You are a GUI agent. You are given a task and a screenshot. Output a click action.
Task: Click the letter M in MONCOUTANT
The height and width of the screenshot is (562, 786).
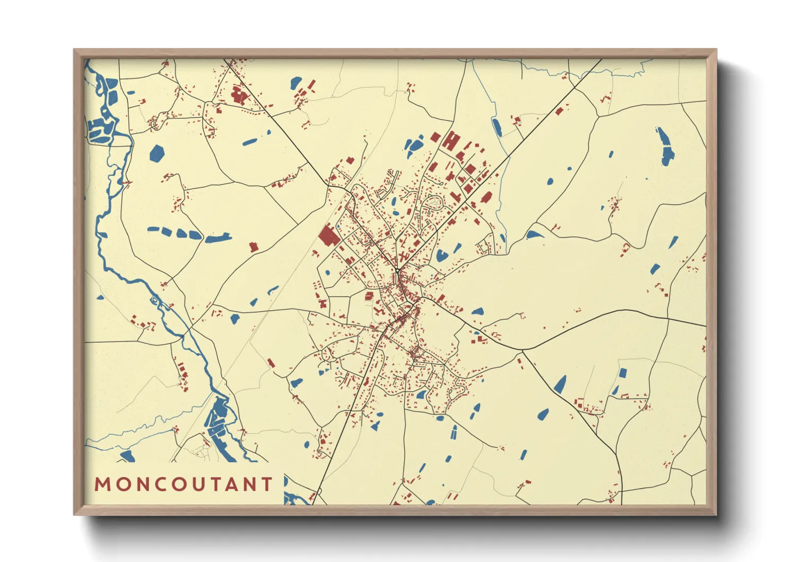pyautogui.click(x=102, y=484)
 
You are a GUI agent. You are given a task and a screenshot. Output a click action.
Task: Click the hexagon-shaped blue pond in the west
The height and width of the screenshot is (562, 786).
pyautogui.click(x=157, y=153)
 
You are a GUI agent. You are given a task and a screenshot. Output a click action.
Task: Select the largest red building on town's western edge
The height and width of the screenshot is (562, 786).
pyautogui.click(x=329, y=235)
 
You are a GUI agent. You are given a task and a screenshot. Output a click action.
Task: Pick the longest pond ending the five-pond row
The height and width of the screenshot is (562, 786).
pyautogui.click(x=218, y=238)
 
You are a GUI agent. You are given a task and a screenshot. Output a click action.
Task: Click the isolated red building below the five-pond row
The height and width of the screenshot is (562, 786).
pyautogui.click(x=254, y=246)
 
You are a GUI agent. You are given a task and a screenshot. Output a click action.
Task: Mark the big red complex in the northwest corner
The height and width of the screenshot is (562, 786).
pyautogui.click(x=239, y=96)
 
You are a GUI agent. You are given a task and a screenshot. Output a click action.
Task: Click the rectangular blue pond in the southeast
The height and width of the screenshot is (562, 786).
pyautogui.click(x=622, y=373)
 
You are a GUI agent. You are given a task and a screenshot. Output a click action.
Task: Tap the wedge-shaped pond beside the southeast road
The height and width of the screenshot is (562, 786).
pyautogui.click(x=560, y=384)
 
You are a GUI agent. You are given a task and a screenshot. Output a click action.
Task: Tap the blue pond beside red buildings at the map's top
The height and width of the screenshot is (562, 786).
pyautogui.click(x=296, y=83)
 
